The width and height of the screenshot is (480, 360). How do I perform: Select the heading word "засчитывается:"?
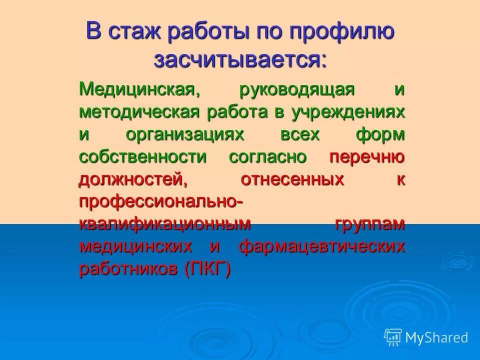pyautogui.click(x=240, y=59)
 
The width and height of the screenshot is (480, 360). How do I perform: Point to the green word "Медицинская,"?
pyautogui.click(x=136, y=91)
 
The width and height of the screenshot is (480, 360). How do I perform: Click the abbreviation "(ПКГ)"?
pyautogui.click(x=207, y=269)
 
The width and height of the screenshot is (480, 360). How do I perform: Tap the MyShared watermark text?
pyautogui.click(x=436, y=337)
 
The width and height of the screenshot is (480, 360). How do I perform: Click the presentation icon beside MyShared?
pyautogui.click(x=393, y=337)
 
